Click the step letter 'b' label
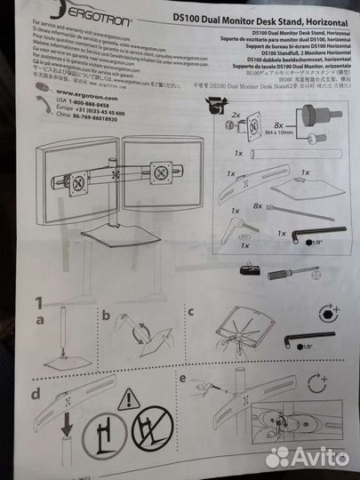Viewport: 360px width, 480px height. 105,315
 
